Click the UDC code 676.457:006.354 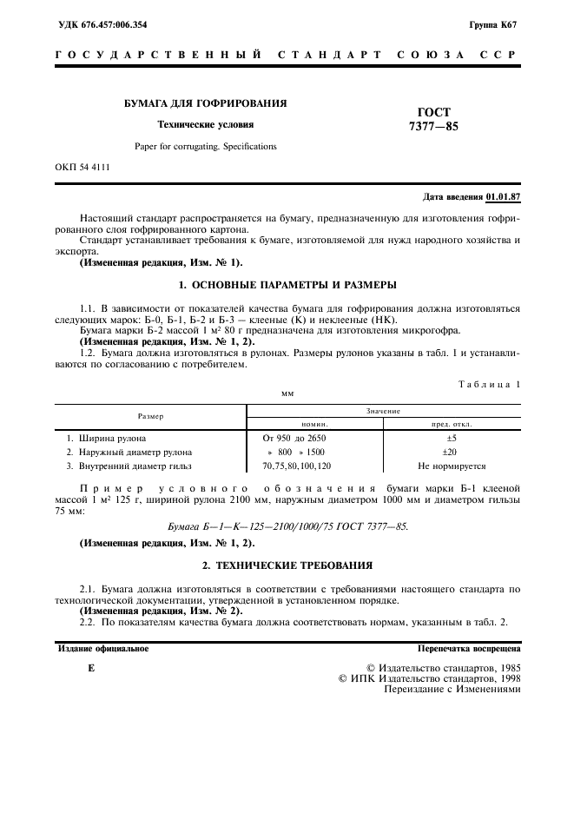101,24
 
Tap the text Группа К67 493,24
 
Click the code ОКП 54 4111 82,166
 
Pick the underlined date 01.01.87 503,196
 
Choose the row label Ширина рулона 112,438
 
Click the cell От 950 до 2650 294,438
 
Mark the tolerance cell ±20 450,452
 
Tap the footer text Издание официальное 102,648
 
